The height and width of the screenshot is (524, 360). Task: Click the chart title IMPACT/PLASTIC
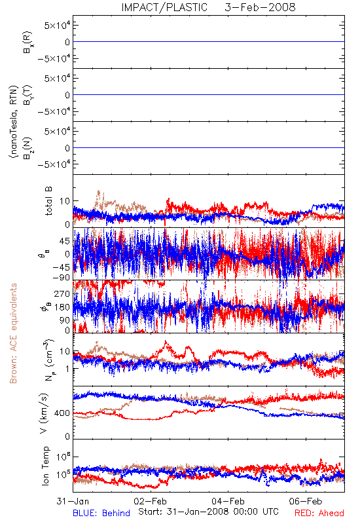point(164,7)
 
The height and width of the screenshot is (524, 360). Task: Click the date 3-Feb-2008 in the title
point(260,7)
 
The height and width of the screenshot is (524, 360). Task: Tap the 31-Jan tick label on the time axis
point(73,501)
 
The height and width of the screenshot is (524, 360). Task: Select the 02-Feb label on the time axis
point(151,501)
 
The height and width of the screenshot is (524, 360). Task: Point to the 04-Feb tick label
point(228,501)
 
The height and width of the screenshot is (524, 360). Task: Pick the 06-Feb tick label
point(306,501)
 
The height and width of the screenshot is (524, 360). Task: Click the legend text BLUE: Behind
point(101,513)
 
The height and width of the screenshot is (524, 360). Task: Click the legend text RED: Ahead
point(319,513)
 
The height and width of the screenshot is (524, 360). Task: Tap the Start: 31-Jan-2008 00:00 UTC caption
point(208,512)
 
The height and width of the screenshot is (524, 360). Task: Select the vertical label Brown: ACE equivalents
point(13,333)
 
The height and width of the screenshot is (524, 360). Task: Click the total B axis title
point(48,201)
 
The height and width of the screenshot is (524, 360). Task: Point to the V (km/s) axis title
point(44,413)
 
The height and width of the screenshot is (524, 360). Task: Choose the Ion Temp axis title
point(45,466)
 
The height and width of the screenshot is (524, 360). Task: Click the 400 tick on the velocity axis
point(62,413)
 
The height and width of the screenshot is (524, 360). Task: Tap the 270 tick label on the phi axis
point(62,293)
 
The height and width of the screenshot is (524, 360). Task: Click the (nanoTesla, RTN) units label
point(14,122)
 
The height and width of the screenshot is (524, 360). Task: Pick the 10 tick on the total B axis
point(65,201)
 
